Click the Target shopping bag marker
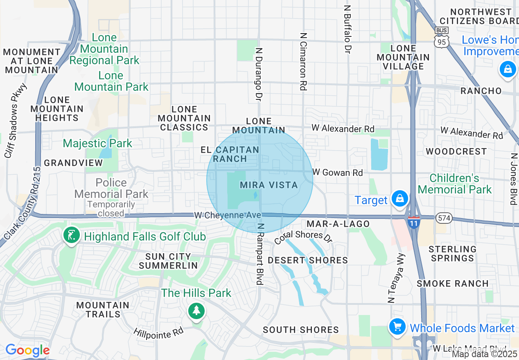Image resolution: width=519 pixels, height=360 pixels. (x=399, y=199)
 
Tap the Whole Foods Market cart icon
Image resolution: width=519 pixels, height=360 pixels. (x=397, y=327)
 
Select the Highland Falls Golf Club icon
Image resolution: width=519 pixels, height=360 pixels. (x=72, y=235)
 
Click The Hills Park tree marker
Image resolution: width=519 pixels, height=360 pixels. (x=196, y=310)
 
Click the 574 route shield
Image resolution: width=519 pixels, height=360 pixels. (x=444, y=218)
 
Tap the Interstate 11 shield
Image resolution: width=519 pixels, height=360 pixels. (x=413, y=222)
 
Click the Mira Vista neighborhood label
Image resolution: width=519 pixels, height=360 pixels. (x=269, y=185)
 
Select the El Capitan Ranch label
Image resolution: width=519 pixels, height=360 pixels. (x=230, y=154)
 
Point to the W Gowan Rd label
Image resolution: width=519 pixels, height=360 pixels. (x=337, y=172)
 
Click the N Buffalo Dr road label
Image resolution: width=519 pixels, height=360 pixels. (x=348, y=29)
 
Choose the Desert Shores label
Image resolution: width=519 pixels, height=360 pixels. (x=307, y=260)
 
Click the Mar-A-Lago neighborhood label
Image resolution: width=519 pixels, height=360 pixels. (x=338, y=224)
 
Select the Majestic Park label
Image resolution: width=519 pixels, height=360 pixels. (x=97, y=143)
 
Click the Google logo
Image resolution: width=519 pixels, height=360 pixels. (x=27, y=350)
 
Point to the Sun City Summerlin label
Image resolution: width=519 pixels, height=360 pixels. (x=168, y=261)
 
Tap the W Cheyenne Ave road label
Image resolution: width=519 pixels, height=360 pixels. (x=227, y=215)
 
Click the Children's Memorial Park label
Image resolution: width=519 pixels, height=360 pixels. (x=454, y=184)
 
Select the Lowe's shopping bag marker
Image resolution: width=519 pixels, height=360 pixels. (x=508, y=69)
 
